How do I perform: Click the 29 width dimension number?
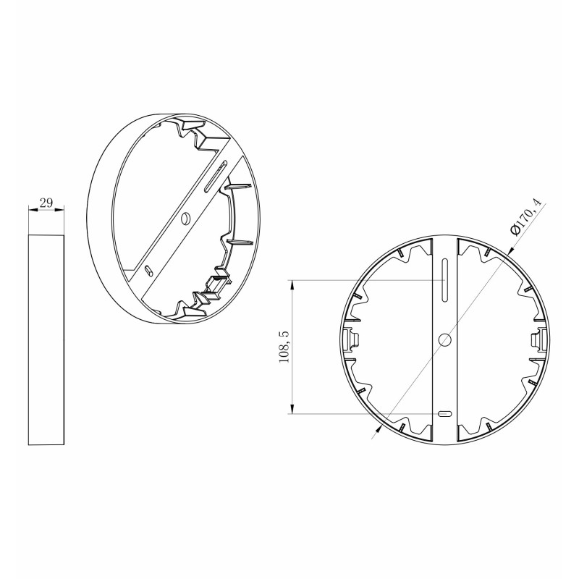click(x=46, y=203)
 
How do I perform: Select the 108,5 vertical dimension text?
click(x=284, y=347)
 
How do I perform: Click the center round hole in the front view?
click(x=445, y=338)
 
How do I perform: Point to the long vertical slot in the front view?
click(x=445, y=283)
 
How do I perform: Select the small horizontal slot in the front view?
click(x=445, y=414)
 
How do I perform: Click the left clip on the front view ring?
click(x=354, y=337)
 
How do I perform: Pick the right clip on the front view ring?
click(x=537, y=337)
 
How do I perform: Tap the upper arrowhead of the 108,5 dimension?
click(x=292, y=284)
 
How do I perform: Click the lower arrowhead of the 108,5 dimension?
click(x=292, y=410)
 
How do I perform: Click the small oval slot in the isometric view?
click(x=148, y=269)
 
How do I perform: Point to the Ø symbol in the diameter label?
click(x=514, y=230)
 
